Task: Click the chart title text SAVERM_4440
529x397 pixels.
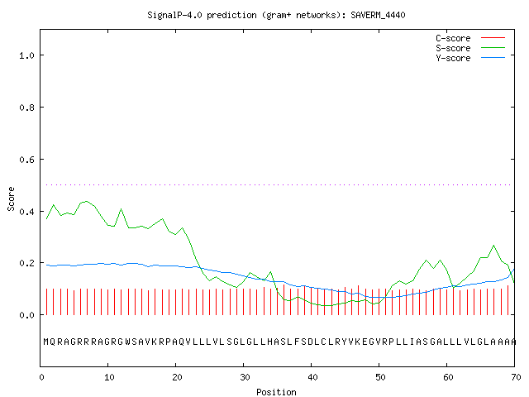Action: click(x=378, y=15)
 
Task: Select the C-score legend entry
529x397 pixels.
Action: click(x=470, y=38)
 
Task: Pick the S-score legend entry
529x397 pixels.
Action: click(x=470, y=48)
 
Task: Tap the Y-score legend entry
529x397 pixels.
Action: click(x=470, y=58)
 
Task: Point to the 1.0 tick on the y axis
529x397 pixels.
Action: click(x=26, y=55)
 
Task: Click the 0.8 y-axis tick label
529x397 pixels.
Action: click(x=26, y=108)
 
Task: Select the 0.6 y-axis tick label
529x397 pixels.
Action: click(x=26, y=160)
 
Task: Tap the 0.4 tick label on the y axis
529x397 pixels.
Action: click(x=26, y=212)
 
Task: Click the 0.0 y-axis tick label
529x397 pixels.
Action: click(x=26, y=315)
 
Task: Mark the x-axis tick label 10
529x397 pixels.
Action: click(x=109, y=377)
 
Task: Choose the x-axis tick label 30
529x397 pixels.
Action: click(x=245, y=377)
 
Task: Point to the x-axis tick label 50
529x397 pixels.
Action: click(x=380, y=377)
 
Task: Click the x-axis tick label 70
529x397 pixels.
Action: click(x=516, y=377)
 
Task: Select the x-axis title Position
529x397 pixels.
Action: click(x=276, y=392)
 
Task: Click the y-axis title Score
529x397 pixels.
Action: click(x=11, y=198)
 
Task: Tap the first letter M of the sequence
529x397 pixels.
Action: click(x=46, y=342)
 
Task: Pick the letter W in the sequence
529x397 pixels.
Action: click(x=128, y=342)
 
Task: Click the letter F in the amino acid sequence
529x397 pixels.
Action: click(x=297, y=342)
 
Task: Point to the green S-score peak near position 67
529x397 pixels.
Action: click(x=494, y=246)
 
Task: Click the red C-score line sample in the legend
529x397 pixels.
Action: click(x=493, y=38)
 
